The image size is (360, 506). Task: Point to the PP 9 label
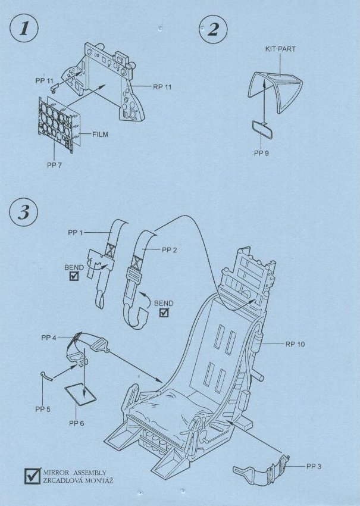point(262,153)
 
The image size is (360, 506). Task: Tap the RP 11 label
point(162,87)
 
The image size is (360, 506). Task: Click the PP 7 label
point(54,164)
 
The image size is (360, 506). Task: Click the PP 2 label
point(170,250)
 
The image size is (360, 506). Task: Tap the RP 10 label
point(295,344)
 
